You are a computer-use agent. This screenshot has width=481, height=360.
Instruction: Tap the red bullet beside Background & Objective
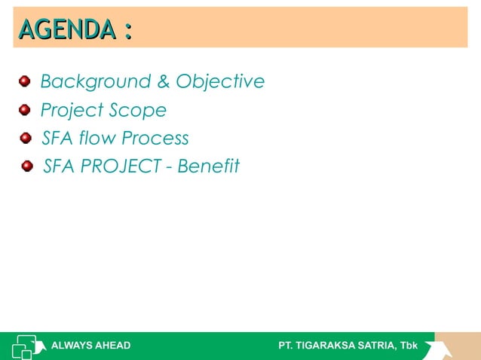click(x=25, y=81)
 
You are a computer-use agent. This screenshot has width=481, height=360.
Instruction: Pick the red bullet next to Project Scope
click(x=25, y=110)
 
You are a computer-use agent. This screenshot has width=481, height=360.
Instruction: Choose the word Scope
click(x=137, y=111)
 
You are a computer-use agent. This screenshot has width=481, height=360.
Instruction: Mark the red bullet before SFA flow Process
click(x=26, y=138)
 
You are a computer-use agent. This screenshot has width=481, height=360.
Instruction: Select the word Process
click(x=155, y=139)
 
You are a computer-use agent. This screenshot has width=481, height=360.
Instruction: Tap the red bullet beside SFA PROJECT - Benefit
click(x=28, y=166)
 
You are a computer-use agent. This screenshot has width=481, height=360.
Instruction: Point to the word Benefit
click(x=208, y=166)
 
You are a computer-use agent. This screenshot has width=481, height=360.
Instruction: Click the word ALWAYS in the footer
click(x=70, y=346)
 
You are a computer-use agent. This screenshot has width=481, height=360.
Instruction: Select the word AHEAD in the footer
click(x=111, y=346)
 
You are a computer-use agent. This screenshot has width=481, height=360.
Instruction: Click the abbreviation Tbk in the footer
click(x=408, y=346)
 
